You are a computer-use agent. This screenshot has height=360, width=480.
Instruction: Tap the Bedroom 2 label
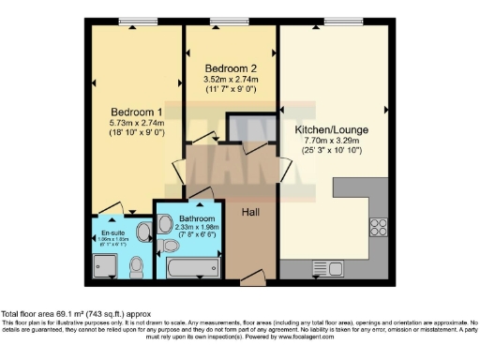coord(231,68)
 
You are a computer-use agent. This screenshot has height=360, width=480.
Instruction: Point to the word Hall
coord(250,213)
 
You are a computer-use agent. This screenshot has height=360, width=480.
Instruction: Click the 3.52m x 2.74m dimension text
coord(231,80)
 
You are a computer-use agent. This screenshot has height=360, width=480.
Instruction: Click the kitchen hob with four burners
coord(379,226)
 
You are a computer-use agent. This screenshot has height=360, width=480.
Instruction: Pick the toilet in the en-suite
coord(138,267)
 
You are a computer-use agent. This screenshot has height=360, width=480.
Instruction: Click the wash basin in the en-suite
coord(144,232)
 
